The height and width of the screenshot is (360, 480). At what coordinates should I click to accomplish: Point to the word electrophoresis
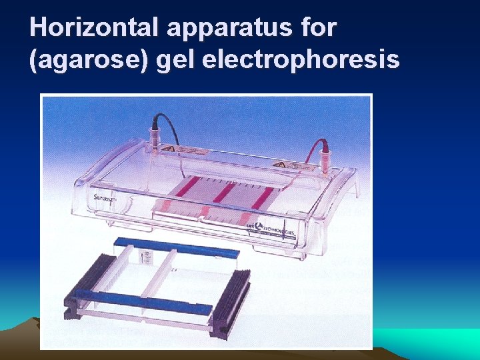299,61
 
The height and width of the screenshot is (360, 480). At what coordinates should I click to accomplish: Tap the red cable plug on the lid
326,157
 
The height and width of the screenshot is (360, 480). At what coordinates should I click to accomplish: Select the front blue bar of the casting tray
143,301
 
